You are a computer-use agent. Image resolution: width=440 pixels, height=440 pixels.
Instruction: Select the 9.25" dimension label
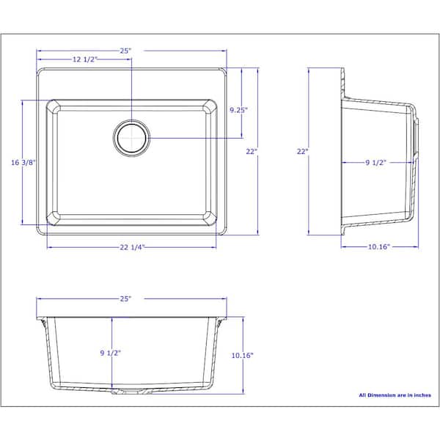[x=238, y=110]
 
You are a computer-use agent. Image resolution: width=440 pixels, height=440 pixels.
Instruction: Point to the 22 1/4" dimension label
[x=131, y=246]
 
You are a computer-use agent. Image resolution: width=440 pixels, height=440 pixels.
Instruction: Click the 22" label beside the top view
[x=252, y=152]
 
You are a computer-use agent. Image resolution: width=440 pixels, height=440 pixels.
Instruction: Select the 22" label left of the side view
[x=301, y=152]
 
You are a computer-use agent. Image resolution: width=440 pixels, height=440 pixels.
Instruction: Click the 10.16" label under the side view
[x=378, y=246]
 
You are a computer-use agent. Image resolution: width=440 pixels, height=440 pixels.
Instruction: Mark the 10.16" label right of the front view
[x=241, y=356]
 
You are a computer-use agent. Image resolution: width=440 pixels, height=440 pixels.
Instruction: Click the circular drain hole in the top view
[x=132, y=137]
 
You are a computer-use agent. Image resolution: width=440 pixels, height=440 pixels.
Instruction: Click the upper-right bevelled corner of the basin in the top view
[x=210, y=109]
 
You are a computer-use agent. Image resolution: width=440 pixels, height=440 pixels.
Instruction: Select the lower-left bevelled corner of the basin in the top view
[x=54, y=218]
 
